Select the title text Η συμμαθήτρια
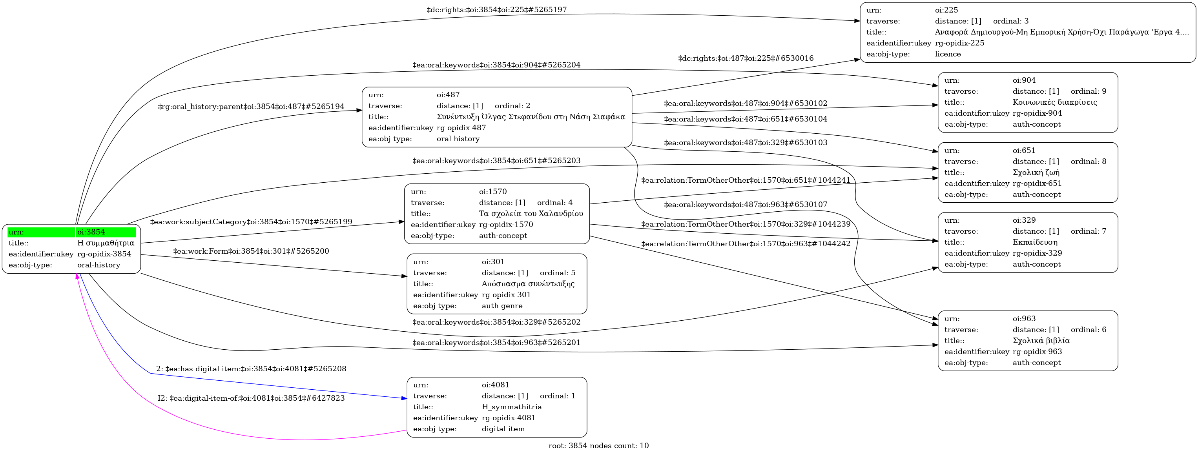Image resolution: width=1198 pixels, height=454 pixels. [x=106, y=243]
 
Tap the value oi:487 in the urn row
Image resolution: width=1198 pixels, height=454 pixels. [x=448, y=95]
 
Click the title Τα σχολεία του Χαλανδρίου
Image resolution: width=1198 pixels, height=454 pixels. [x=531, y=214]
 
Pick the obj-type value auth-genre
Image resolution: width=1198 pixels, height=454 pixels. [x=502, y=306]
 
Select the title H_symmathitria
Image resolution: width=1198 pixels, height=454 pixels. [x=512, y=407]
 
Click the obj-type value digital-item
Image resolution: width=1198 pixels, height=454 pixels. [x=503, y=429]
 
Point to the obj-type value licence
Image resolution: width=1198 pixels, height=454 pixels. [x=948, y=54]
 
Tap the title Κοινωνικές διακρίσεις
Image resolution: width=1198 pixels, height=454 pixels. [x=1055, y=102]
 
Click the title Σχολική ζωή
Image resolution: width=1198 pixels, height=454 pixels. [x=1036, y=173]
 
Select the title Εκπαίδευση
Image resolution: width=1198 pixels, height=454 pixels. [x=1035, y=242]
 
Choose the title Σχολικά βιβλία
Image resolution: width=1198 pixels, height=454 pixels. [x=1041, y=341]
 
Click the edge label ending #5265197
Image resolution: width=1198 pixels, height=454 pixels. [x=497, y=10]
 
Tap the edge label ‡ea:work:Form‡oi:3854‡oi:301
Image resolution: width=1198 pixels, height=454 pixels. [x=251, y=251]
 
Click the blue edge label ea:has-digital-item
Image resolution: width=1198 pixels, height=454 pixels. [x=251, y=369]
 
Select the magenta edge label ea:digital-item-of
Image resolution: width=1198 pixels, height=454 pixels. [x=251, y=398]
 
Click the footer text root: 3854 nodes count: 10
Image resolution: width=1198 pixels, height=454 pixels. [x=598, y=446]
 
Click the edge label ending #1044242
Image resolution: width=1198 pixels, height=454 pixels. [x=746, y=244]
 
